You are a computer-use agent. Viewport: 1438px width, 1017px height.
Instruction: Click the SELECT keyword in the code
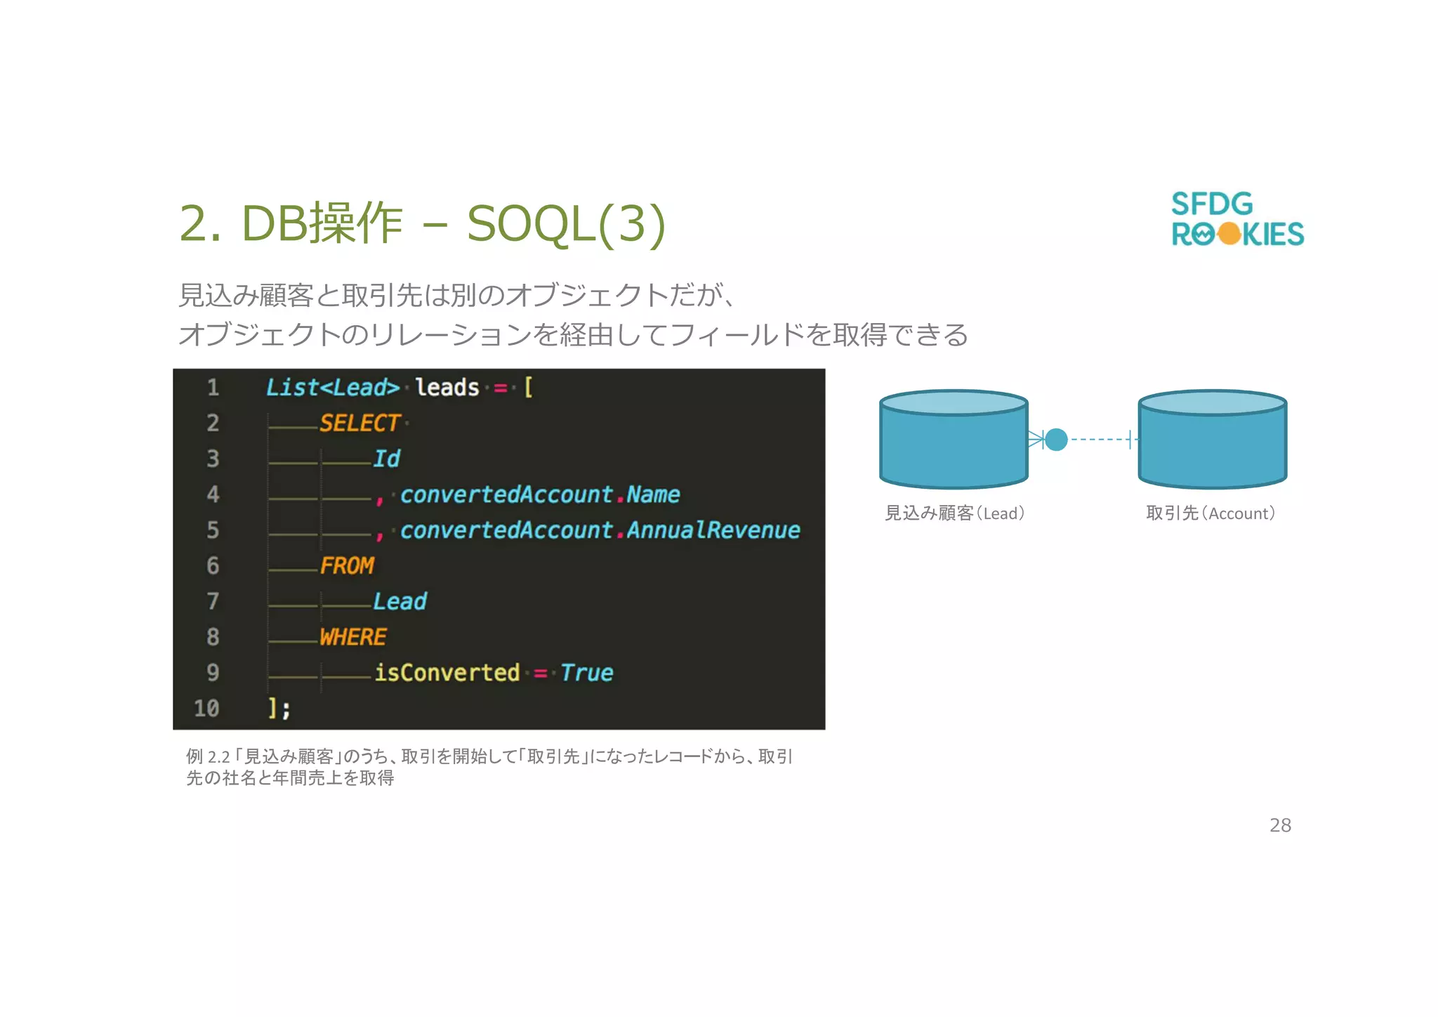(359, 423)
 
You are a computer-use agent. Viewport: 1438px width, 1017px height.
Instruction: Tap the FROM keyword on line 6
(347, 565)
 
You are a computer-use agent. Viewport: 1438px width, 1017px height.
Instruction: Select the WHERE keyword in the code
(352, 637)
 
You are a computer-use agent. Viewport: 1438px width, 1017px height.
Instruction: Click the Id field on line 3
(386, 459)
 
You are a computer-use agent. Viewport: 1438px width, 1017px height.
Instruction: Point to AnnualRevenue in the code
(713, 530)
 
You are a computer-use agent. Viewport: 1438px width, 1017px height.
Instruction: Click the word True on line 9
(587, 673)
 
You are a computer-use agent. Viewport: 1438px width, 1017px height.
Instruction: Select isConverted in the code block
(447, 673)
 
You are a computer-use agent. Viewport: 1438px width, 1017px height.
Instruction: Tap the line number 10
(206, 708)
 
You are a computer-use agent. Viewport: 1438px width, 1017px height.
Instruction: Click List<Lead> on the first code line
(333, 387)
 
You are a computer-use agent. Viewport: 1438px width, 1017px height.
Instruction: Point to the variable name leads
(447, 387)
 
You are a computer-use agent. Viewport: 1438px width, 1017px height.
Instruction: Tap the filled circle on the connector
(1056, 440)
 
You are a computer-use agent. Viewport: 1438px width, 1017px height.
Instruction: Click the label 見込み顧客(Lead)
(954, 513)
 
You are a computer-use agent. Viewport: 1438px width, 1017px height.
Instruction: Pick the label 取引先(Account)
(1211, 513)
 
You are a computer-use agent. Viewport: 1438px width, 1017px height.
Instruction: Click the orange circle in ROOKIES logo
(1229, 234)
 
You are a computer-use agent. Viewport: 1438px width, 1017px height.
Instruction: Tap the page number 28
(1280, 825)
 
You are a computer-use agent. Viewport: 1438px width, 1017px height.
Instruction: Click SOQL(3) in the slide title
(566, 224)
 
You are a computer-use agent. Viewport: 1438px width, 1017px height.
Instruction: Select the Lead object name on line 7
(400, 601)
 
